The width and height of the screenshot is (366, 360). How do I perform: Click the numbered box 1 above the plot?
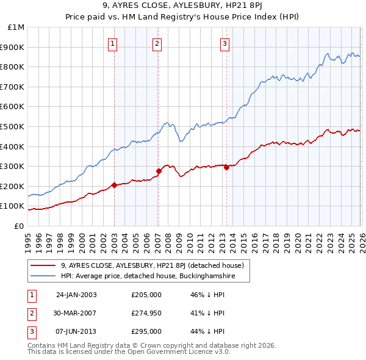(114, 43)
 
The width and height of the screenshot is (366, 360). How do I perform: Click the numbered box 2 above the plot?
(157, 43)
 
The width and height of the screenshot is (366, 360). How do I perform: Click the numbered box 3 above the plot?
(225, 43)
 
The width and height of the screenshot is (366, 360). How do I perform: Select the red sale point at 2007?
(159, 171)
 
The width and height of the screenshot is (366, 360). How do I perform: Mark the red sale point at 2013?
(226, 167)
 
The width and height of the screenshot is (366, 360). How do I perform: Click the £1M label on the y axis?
(16, 27)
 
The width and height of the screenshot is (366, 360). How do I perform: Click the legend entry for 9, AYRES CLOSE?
(152, 265)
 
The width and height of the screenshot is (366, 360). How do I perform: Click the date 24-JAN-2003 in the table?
(76, 295)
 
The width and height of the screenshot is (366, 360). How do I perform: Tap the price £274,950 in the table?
(146, 313)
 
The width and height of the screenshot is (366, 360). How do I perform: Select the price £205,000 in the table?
(146, 295)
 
